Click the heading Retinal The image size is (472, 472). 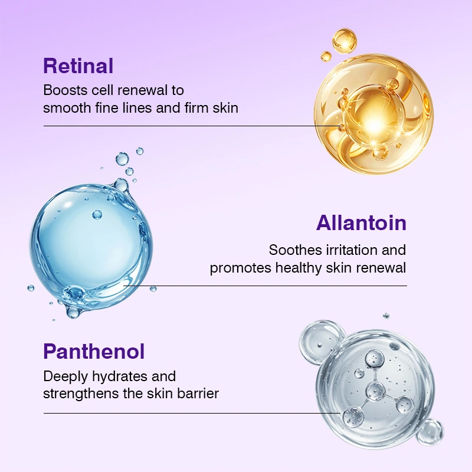78,66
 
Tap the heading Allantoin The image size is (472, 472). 361,223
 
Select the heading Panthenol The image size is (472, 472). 94,351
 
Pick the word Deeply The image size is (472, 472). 65,377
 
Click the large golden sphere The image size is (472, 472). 374,114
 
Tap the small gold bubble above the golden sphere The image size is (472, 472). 345,41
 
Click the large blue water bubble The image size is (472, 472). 90,245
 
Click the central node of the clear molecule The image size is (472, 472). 375,391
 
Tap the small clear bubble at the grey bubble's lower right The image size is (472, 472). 431,432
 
